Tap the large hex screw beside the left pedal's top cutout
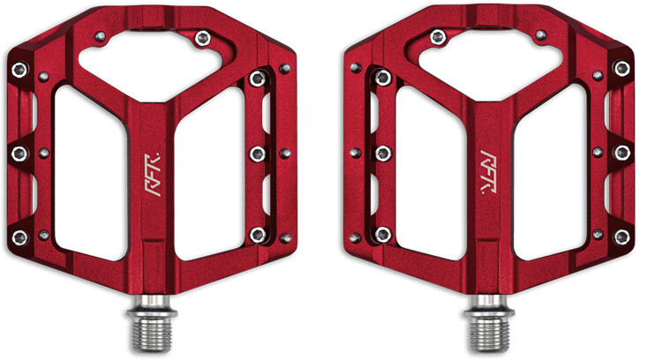(202, 37)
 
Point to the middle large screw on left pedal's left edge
(19, 154)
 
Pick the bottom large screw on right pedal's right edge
(622, 236)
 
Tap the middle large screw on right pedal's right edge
(623, 154)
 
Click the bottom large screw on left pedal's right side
(257, 234)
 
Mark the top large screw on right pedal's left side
(383, 78)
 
